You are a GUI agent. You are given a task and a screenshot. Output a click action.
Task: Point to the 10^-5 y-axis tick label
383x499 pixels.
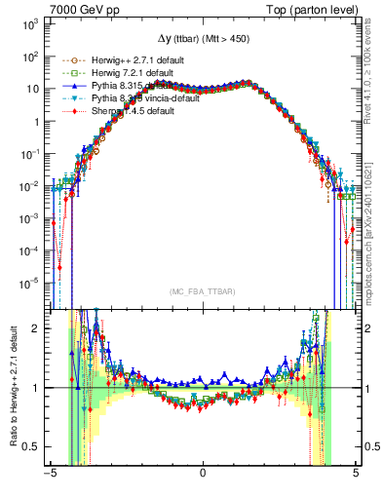(27, 284)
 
